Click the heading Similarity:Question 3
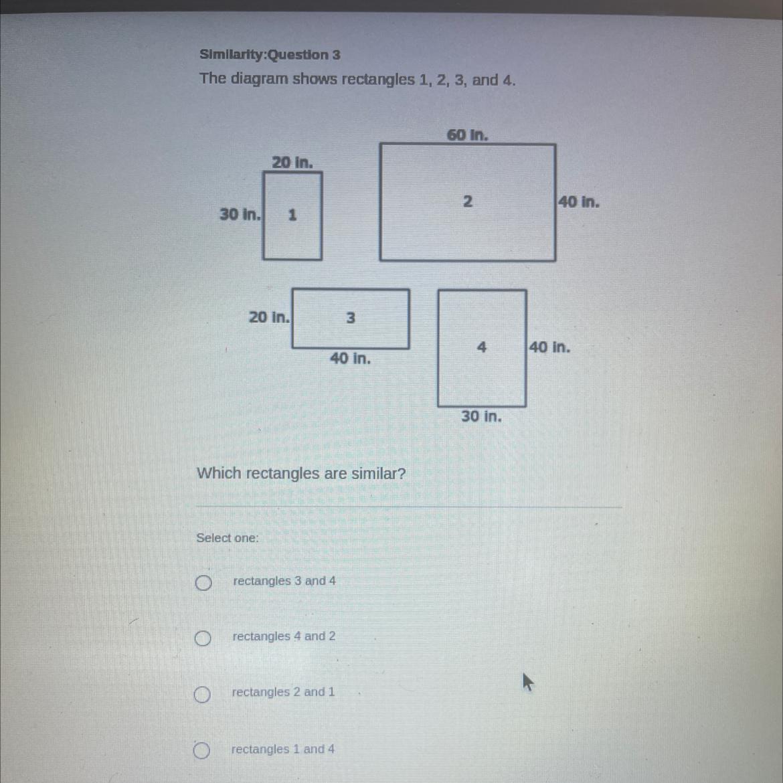point(270,54)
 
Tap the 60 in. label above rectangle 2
point(467,135)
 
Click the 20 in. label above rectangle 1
point(292,163)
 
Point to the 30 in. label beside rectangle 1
point(240,214)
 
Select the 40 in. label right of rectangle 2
point(579,201)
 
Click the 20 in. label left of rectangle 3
point(269,317)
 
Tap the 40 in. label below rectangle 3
point(351,358)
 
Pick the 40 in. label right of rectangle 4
point(549,347)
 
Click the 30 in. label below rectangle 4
point(481,416)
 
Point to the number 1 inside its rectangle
point(292,215)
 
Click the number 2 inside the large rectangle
point(467,201)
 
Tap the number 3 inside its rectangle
point(351,317)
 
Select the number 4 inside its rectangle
point(481,347)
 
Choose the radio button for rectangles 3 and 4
point(203,582)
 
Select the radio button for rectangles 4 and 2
point(202,638)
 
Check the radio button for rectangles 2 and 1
point(201,694)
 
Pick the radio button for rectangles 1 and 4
point(201,750)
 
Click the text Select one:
point(228,538)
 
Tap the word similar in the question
point(379,473)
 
